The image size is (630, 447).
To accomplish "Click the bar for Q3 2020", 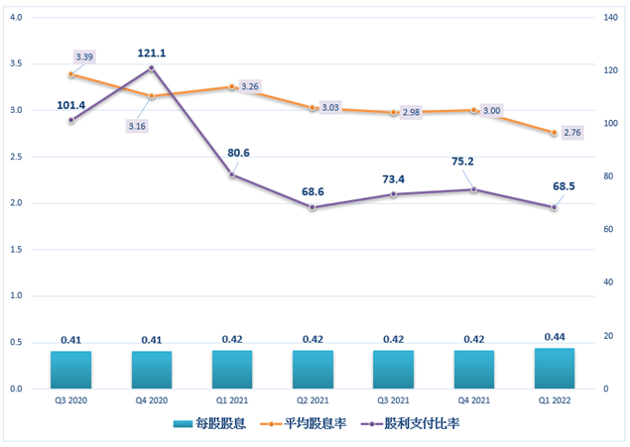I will tap(70, 370).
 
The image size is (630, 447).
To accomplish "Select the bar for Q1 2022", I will tap(555, 368).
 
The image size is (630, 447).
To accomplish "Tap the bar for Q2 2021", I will tap(313, 369).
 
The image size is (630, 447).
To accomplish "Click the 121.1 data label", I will tap(151, 52).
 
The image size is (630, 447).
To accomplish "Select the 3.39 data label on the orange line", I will tap(83, 58).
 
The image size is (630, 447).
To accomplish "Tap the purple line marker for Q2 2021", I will tap(313, 207).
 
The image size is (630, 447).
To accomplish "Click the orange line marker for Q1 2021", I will tap(232, 87).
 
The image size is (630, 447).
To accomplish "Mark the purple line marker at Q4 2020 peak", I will tap(151, 67).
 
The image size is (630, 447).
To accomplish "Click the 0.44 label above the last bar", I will tap(555, 338).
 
